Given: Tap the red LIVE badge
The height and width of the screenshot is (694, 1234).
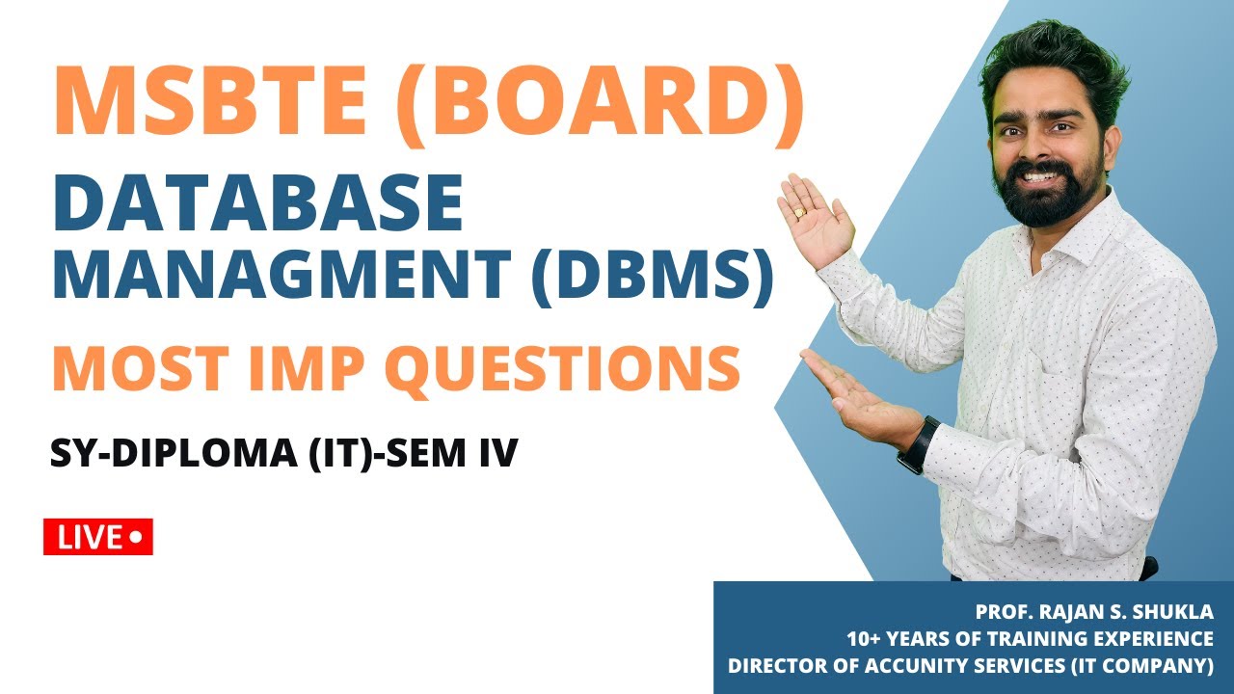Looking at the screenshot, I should [98, 537].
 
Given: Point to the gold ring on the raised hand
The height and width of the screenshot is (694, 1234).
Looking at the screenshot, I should [798, 212].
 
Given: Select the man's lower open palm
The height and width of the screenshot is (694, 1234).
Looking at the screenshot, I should [848, 395].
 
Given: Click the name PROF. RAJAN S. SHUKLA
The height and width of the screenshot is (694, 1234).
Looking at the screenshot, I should [1094, 612].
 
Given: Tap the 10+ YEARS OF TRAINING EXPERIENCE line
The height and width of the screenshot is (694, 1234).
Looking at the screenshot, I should [1030, 638].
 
